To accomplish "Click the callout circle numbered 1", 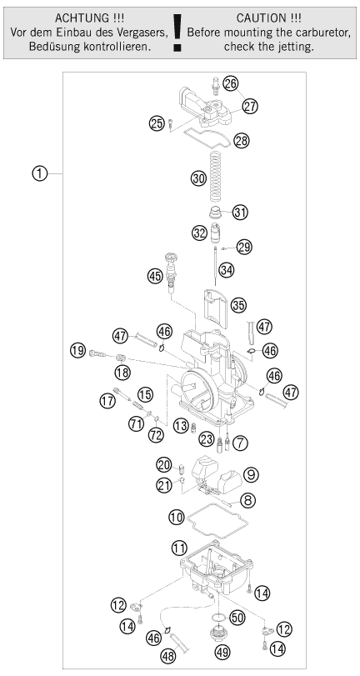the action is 39,173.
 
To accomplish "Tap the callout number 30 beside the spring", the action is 199,178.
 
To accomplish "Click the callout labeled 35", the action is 238,305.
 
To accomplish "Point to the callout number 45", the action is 155,274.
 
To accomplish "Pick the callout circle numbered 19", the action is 78,350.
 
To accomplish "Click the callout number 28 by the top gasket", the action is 242,141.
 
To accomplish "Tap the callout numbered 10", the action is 177,517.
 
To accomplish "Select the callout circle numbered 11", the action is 179,548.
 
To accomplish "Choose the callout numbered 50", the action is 237,618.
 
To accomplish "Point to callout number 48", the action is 168,656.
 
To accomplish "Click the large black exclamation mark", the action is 177,33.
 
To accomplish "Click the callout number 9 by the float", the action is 251,474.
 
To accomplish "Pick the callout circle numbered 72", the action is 156,434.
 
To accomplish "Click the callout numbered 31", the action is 241,212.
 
